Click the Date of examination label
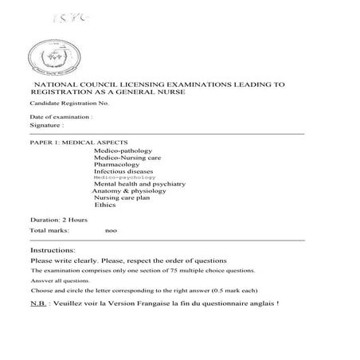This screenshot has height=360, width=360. tap(61, 117)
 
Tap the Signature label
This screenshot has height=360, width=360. tap(46, 126)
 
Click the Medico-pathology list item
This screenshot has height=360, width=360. tap(123, 151)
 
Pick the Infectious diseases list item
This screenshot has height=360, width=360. tap(123, 171)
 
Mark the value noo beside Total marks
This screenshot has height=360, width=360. tap(111, 230)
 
